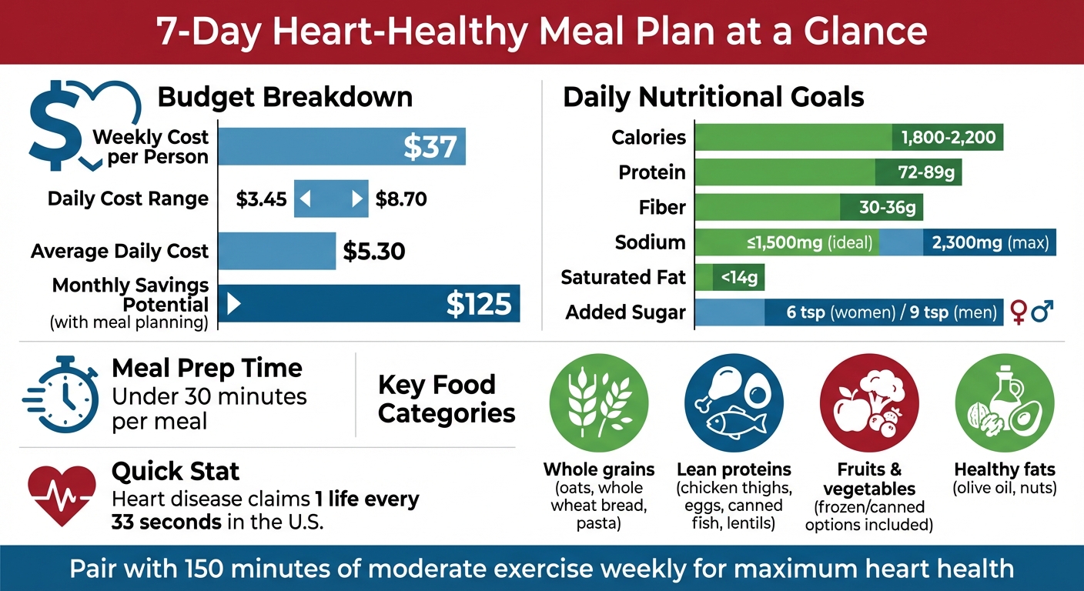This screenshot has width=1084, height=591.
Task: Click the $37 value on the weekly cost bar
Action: [x=430, y=146]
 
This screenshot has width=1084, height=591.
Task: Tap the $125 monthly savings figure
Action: [x=478, y=304]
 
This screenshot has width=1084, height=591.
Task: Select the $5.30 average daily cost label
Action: [x=373, y=252]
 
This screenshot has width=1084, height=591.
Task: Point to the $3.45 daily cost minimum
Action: [x=262, y=200]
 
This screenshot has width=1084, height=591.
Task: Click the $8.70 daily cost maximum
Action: [x=401, y=200]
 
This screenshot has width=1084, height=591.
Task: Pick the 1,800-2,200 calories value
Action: [x=948, y=139]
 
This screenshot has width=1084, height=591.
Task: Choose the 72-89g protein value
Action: [x=918, y=172]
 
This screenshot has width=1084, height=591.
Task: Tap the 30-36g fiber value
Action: [x=881, y=208]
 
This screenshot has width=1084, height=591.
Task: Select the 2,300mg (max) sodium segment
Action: [x=990, y=243]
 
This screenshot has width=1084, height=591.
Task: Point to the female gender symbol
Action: [x=1019, y=312]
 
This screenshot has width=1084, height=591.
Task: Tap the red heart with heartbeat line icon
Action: [x=62, y=492]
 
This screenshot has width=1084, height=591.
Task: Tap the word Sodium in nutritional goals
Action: [x=650, y=243]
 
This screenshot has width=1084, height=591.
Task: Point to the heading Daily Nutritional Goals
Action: [x=714, y=98]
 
